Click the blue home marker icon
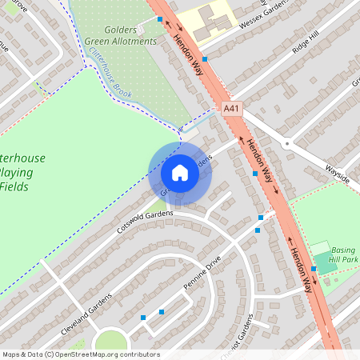coord(180,173)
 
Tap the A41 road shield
coord(232,109)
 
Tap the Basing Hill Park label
coord(345,254)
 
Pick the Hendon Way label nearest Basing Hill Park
coord(300,270)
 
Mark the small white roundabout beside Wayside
coord(286,145)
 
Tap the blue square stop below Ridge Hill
coord(205,58)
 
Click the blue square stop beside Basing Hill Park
coord(314,270)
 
